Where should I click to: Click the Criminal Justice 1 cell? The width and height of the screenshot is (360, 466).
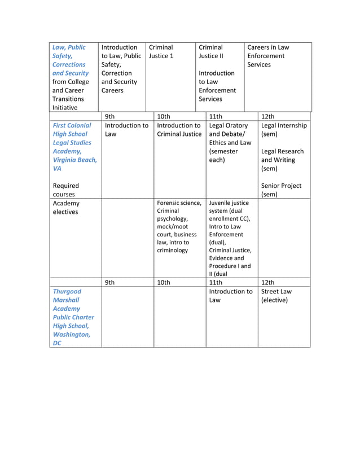161,52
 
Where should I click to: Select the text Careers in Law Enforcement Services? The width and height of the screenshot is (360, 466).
268,56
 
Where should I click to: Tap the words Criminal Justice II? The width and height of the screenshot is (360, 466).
211,52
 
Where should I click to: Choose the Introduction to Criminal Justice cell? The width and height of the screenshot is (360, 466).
179,130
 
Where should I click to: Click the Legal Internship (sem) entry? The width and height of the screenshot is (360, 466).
284,130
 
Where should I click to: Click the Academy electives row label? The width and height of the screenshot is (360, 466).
66,208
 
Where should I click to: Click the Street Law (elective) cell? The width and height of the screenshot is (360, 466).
276,296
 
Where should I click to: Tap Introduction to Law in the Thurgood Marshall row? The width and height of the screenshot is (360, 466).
230,296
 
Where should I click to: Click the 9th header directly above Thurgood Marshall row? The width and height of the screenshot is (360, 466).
110,282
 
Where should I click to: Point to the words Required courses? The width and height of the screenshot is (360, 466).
66,190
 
